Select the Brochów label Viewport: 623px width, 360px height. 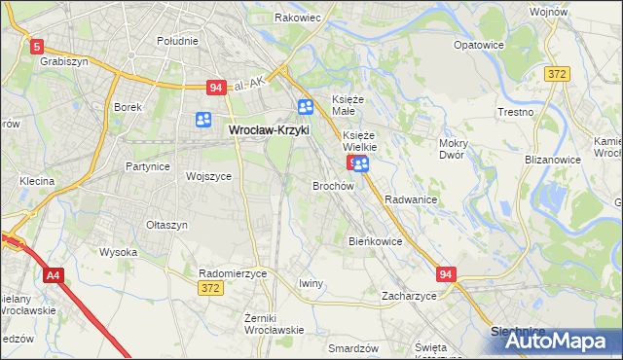[x=332, y=185]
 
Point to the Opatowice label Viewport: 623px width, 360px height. [x=479, y=45]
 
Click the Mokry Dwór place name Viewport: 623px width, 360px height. [x=454, y=149]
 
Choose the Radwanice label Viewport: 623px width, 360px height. [x=410, y=198]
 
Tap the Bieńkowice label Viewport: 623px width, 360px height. [x=375, y=240]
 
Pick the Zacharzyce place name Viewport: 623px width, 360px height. [x=409, y=295]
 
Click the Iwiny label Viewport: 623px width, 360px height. [x=311, y=283]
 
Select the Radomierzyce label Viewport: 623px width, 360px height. [x=232, y=274]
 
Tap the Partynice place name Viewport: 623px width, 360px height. [x=148, y=166]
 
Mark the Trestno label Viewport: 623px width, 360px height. [x=516, y=112]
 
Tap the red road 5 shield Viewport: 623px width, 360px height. [x=37, y=46]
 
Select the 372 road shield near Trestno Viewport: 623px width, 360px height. [x=557, y=74]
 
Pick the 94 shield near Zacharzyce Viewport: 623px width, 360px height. [x=446, y=275]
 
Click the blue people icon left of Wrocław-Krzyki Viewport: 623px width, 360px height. [x=203, y=120]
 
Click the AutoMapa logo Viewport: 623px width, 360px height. [x=555, y=341]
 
